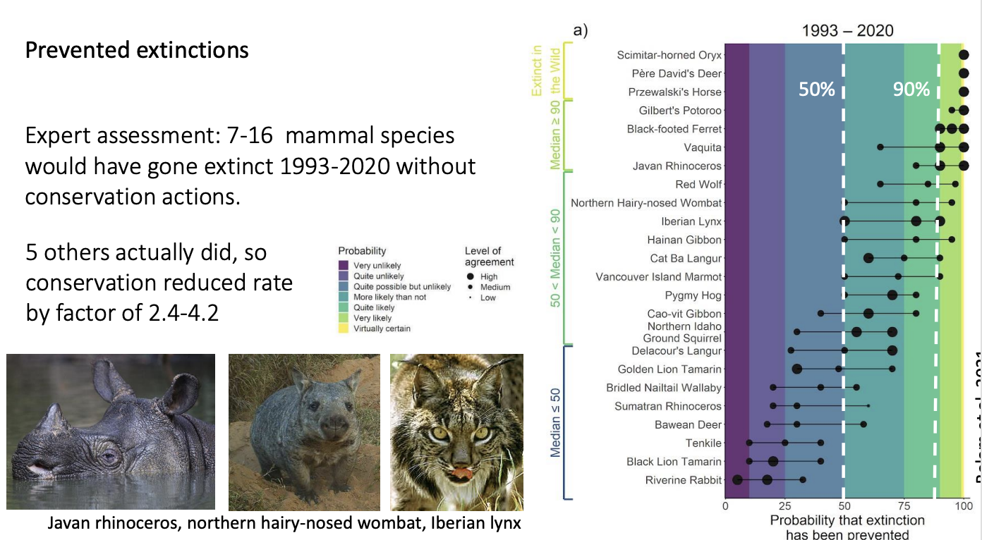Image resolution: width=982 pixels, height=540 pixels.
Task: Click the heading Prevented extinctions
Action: pyautogui.click(x=137, y=51)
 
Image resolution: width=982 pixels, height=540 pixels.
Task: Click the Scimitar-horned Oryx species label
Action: pyautogui.click(x=669, y=55)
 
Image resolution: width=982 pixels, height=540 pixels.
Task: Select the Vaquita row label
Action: pyautogui.click(x=703, y=147)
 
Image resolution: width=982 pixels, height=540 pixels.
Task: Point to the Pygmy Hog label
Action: pyautogui.click(x=693, y=295)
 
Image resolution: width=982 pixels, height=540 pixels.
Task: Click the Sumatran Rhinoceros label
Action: pyautogui.click(x=667, y=406)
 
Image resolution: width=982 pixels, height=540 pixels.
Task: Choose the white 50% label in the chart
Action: pyautogui.click(x=816, y=90)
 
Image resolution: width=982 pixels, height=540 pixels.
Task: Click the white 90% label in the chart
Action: pyautogui.click(x=911, y=90)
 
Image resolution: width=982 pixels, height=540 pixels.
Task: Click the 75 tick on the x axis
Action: pyautogui.click(x=904, y=504)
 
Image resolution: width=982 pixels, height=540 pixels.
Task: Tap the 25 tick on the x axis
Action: pyautogui.click(x=784, y=504)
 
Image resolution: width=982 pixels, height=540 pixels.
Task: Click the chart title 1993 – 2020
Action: pyautogui.click(x=847, y=31)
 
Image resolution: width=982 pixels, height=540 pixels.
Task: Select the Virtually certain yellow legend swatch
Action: pyautogui.click(x=344, y=329)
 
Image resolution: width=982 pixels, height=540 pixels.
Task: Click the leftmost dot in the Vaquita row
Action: pyautogui.click(x=880, y=147)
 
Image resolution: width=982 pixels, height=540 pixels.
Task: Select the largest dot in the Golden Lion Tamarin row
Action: pyautogui.click(x=797, y=369)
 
